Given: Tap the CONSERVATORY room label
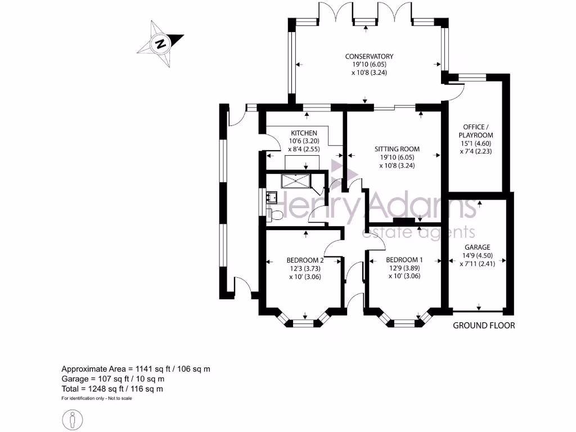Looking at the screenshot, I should point(369,56).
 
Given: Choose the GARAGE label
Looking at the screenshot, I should point(477,247).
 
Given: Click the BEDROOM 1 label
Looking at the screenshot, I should point(404,259).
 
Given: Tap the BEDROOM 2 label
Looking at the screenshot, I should point(305,260).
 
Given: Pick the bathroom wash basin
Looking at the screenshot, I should point(273,196).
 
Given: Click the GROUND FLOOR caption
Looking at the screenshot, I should point(484,325).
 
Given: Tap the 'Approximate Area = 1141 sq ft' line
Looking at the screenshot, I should point(136,369).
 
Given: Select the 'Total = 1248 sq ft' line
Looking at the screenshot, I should point(112,389).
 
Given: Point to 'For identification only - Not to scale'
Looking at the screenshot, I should point(97,398).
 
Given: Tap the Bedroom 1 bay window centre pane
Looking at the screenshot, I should point(404,323).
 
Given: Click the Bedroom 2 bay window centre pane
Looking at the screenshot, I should point(304,323).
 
